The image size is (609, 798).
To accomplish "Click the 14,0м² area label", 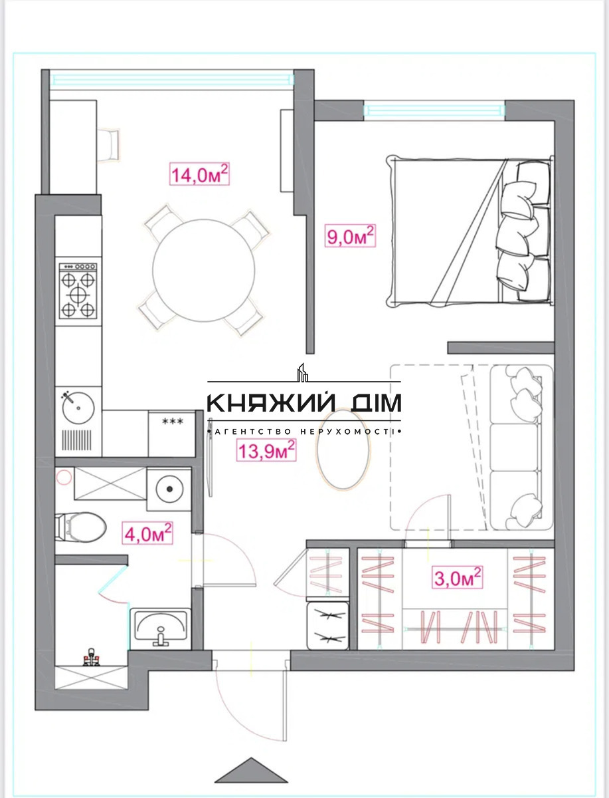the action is point(199,174).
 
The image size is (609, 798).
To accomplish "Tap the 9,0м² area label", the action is point(350,236).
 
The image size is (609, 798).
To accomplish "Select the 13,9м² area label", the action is point(266,450).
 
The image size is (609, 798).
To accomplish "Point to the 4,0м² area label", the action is point(147,533).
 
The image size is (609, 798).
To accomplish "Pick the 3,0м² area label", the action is point(458,577).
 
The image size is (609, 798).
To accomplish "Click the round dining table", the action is point(204,270).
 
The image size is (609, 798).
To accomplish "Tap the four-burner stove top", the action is point(78,291).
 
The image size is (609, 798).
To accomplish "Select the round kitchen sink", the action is point(78,408).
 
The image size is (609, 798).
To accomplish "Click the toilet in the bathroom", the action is point(80,527).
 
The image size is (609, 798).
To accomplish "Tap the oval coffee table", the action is point(343,449).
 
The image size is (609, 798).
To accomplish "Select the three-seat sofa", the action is point(521,447).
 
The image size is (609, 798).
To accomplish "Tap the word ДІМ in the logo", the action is point(374,402).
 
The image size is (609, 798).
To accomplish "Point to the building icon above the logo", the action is point(302,372).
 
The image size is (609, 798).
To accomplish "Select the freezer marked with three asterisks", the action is point(172,434).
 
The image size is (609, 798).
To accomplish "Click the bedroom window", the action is point(434,110).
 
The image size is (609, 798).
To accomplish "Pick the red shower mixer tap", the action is point(92,657).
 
